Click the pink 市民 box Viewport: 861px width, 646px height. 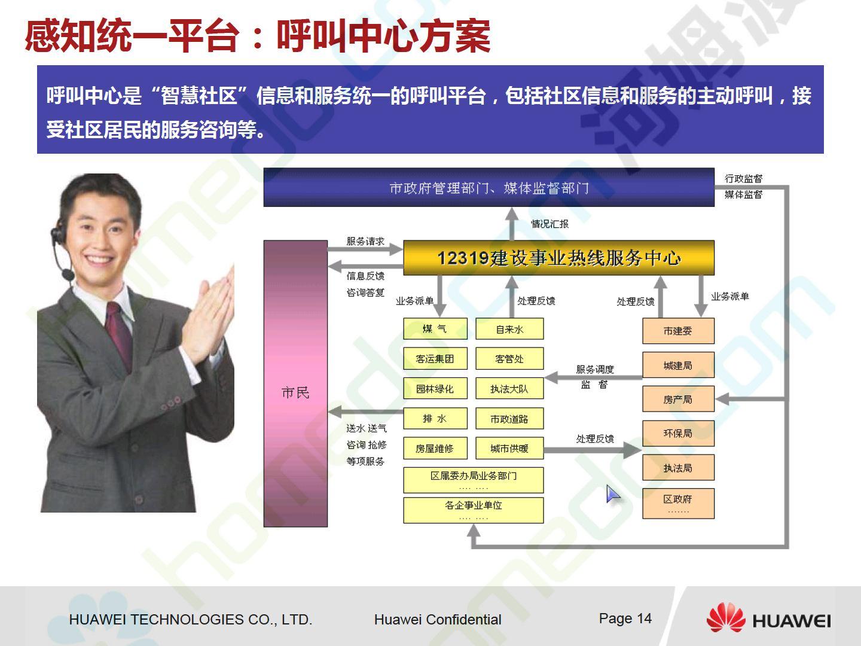pyautogui.click(x=295, y=383)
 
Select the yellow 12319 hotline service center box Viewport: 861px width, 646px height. pyautogui.click(x=558, y=258)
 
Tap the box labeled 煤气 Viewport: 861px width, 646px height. pyautogui.click(x=435, y=329)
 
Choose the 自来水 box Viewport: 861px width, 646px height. pyautogui.click(x=509, y=329)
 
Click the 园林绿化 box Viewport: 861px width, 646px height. pyautogui.click(x=435, y=388)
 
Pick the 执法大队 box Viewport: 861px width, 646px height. pyautogui.click(x=509, y=388)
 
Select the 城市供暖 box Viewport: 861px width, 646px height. pyautogui.click(x=509, y=448)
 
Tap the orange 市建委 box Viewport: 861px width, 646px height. pyautogui.click(x=678, y=331)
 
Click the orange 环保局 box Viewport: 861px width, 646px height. pyautogui.click(x=678, y=434)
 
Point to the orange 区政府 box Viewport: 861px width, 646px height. pyautogui.click(x=678, y=504)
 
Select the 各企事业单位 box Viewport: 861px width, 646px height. pyautogui.click(x=474, y=510)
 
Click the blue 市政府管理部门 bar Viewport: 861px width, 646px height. pyautogui.click(x=488, y=187)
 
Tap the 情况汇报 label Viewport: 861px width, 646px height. pyautogui.click(x=549, y=224)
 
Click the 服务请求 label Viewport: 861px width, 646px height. pyautogui.click(x=365, y=241)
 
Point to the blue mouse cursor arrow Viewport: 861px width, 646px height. pyautogui.click(x=612, y=493)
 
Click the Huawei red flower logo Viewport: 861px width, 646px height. pyautogui.click(x=726, y=618)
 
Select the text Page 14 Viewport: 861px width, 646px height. pyautogui.click(x=625, y=618)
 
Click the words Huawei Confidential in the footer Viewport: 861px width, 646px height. pyautogui.click(x=438, y=620)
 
